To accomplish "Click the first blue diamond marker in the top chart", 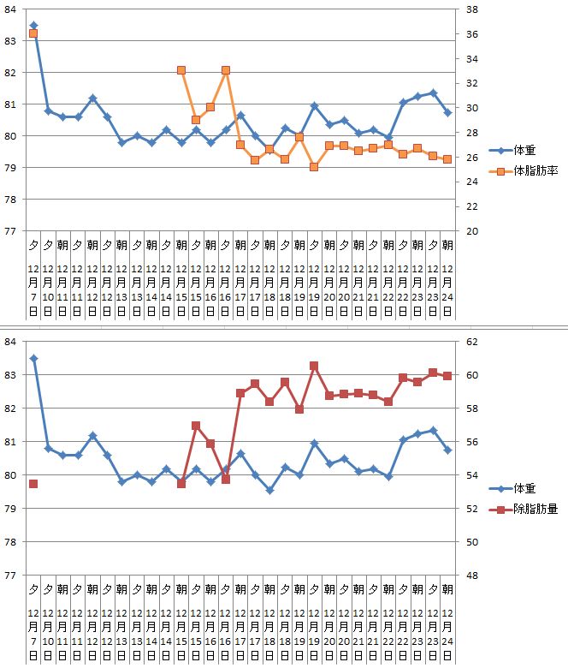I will [33, 26].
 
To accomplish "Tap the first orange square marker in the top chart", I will [33, 33].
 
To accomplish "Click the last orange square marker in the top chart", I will [447, 159].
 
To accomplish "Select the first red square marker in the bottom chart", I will [33, 484].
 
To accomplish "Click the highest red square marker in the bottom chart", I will [314, 366].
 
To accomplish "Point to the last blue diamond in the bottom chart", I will [447, 450].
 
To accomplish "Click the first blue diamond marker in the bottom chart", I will [33, 359].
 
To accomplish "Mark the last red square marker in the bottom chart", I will [447, 376].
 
